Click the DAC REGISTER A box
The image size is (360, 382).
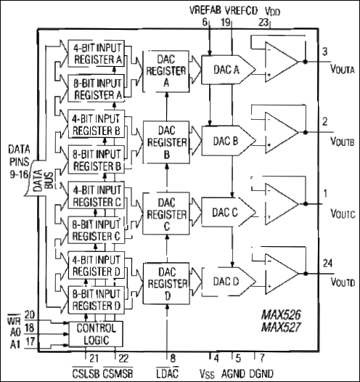point(166,72)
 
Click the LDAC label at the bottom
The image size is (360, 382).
point(168,371)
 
